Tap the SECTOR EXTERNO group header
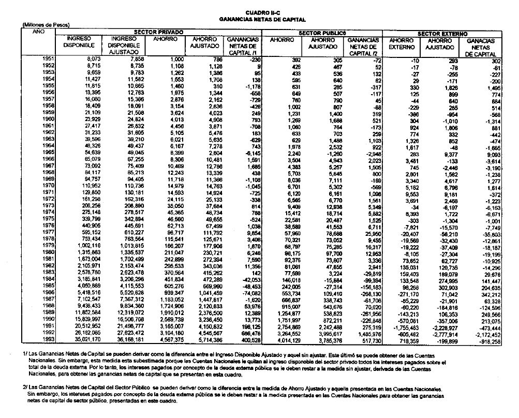(442, 33)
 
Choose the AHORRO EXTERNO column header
(403, 43)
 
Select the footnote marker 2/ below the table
(25, 387)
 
